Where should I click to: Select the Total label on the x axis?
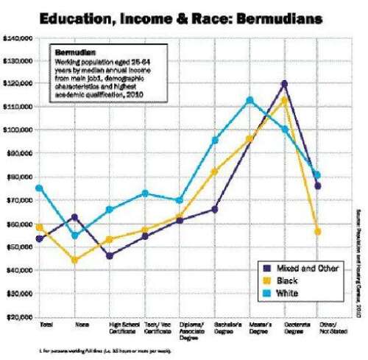coord(46,325)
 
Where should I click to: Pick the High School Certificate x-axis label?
coord(121,327)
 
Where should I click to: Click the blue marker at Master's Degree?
coord(250,100)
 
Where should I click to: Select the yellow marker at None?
coord(74,259)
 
